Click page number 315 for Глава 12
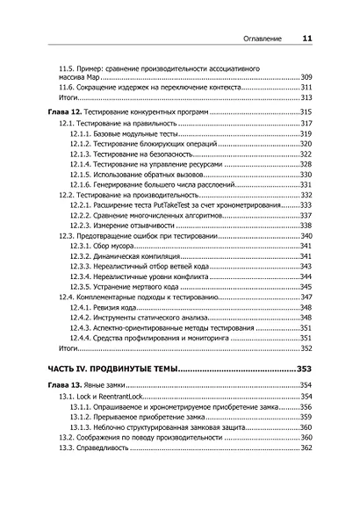pyautogui.click(x=306, y=114)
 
